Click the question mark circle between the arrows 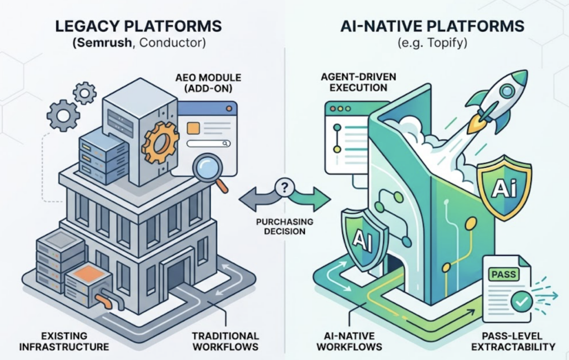tap(285, 188)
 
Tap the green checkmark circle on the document tap(521, 302)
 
